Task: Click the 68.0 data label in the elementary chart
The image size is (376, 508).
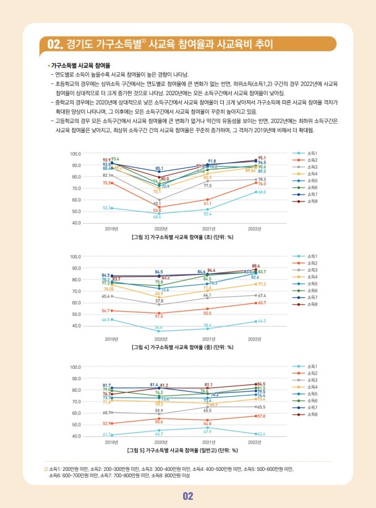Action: (x=262, y=192)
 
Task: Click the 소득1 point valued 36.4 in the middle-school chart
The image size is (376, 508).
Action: (x=159, y=331)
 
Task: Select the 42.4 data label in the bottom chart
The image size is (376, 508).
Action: (x=262, y=434)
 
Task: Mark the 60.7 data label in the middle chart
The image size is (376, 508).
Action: (x=262, y=303)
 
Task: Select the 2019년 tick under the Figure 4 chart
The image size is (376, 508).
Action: (x=111, y=339)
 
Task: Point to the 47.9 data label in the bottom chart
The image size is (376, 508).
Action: (x=208, y=431)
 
